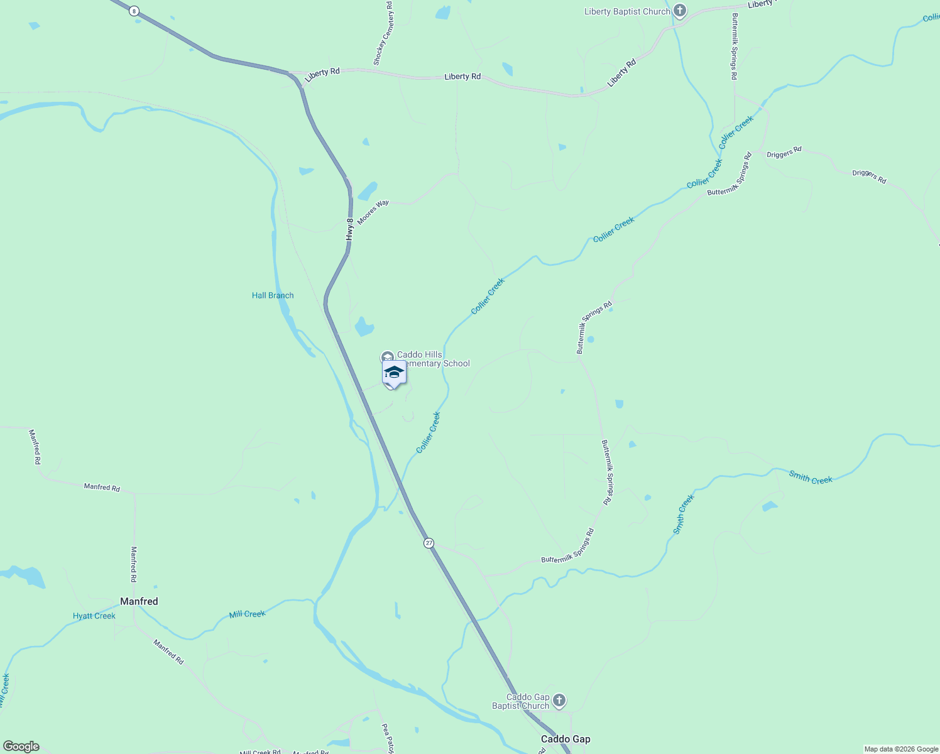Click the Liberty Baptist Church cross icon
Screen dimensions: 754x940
tap(679, 11)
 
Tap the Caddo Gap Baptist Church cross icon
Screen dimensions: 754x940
tap(559, 701)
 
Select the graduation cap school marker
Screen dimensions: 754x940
tap(394, 373)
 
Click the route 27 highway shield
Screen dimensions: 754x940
tap(429, 543)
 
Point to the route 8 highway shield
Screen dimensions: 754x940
tap(134, 11)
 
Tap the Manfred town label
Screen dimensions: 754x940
tap(139, 601)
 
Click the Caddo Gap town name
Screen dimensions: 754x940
tap(566, 739)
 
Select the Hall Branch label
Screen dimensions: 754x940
tap(273, 295)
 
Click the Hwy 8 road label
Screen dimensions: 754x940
tap(350, 229)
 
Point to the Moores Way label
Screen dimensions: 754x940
tap(373, 212)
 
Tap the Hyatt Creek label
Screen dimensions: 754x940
tap(94, 616)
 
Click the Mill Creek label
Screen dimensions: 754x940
tap(247, 614)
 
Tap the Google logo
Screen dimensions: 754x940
tap(21, 746)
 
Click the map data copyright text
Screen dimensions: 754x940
tap(901, 749)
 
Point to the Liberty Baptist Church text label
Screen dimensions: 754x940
tap(627, 12)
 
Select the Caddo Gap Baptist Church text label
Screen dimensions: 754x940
tap(521, 701)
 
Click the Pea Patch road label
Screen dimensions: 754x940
tap(387, 738)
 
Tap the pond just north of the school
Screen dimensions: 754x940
tap(364, 327)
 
